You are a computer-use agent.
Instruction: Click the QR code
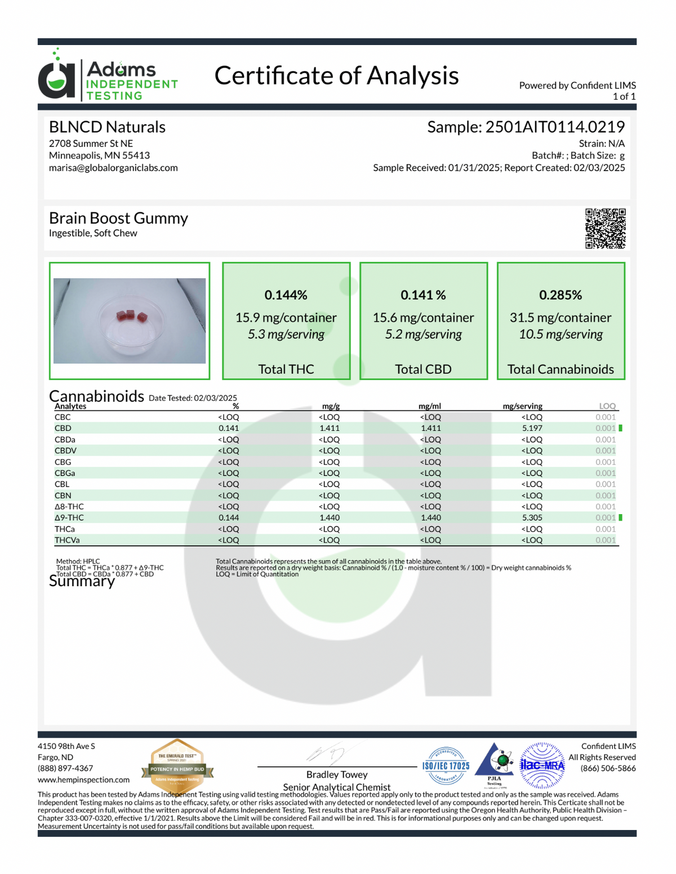pos(605,229)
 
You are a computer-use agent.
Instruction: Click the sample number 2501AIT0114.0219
pos(555,127)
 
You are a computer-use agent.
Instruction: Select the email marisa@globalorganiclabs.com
pos(113,168)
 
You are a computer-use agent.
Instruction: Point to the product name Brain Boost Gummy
pos(118,218)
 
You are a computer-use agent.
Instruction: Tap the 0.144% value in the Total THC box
pos(286,295)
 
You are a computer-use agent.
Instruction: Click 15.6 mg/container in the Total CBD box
pos(423,318)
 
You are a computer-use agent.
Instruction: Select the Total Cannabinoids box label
pos(561,369)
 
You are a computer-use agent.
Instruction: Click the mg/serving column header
pos(522,406)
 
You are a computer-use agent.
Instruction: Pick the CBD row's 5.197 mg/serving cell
pos(532,429)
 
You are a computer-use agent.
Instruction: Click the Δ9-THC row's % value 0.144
pos(229,518)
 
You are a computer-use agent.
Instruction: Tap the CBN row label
pos(63,496)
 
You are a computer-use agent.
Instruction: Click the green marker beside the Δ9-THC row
pos(620,518)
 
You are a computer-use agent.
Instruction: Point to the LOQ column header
pos(607,406)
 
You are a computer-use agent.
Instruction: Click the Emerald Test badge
pos(177,766)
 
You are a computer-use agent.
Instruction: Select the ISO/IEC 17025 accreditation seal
pos(446,766)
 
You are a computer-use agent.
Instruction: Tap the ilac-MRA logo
pos(542,765)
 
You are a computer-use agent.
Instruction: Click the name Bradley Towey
pos(337,775)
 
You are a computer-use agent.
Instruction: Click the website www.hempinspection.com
pos(83,780)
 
